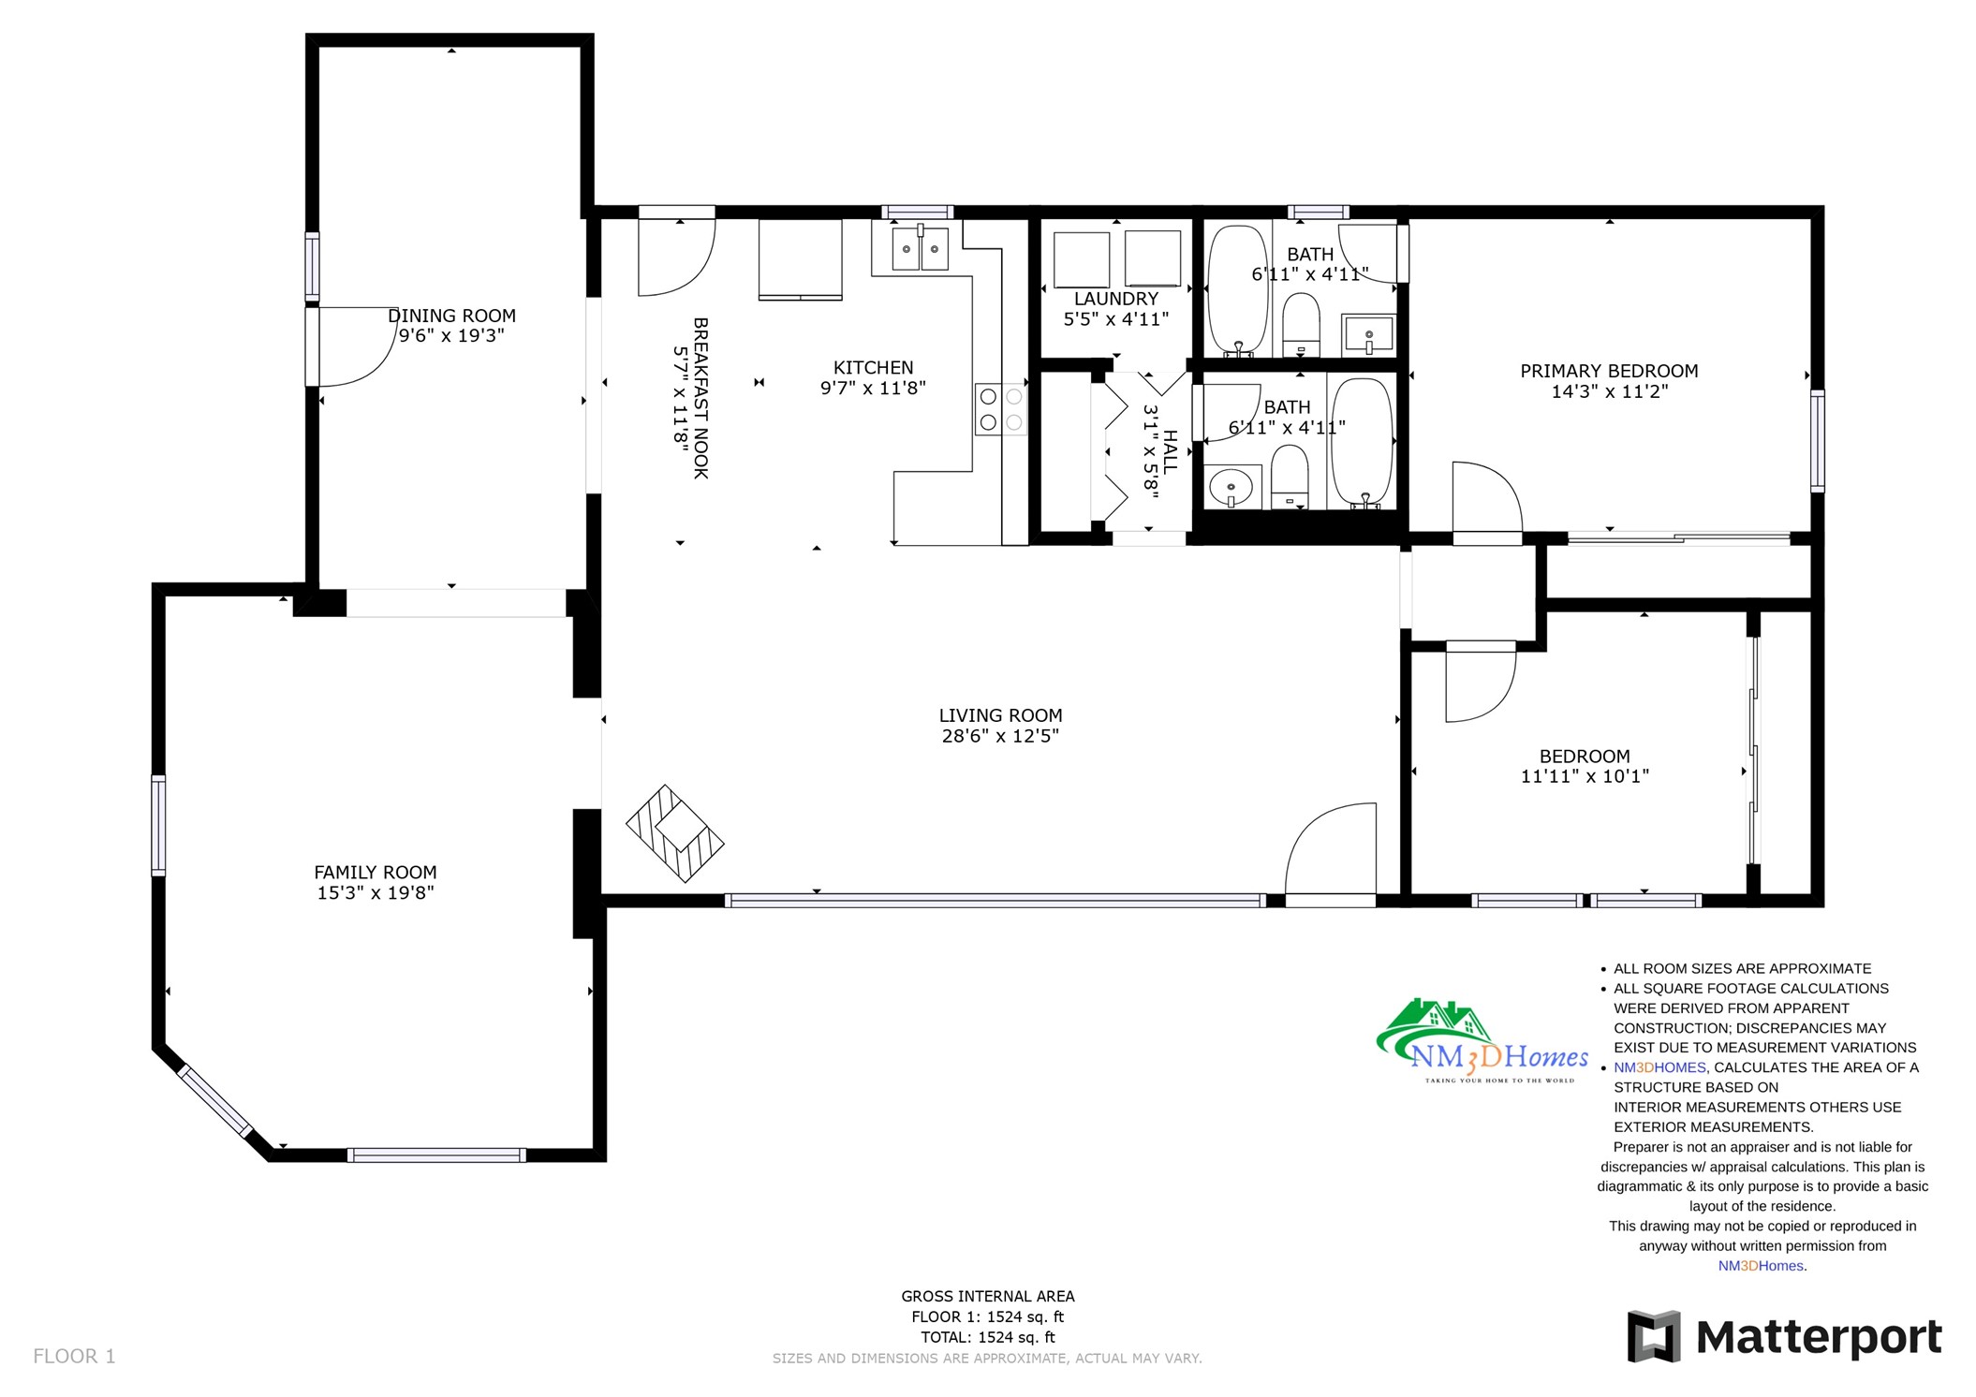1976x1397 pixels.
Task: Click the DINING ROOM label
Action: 451,316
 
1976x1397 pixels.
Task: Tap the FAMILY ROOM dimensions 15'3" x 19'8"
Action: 376,892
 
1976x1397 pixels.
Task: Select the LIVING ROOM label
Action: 1000,715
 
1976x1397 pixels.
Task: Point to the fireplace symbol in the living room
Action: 674,833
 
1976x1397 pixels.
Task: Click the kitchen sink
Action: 920,248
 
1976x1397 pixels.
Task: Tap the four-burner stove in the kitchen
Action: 1000,410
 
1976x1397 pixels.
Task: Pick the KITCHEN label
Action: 873,368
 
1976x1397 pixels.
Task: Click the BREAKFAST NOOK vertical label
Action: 700,398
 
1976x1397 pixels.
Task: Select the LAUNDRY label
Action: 1116,299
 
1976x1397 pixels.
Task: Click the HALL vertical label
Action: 1171,450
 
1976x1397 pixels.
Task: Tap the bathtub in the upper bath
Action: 1238,289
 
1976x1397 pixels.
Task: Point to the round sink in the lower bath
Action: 1231,488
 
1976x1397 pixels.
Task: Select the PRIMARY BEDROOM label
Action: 1609,371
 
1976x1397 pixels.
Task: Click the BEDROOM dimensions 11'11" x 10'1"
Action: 1585,775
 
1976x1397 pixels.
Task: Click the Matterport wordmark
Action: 1819,1336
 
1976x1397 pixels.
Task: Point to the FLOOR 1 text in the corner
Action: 74,1356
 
